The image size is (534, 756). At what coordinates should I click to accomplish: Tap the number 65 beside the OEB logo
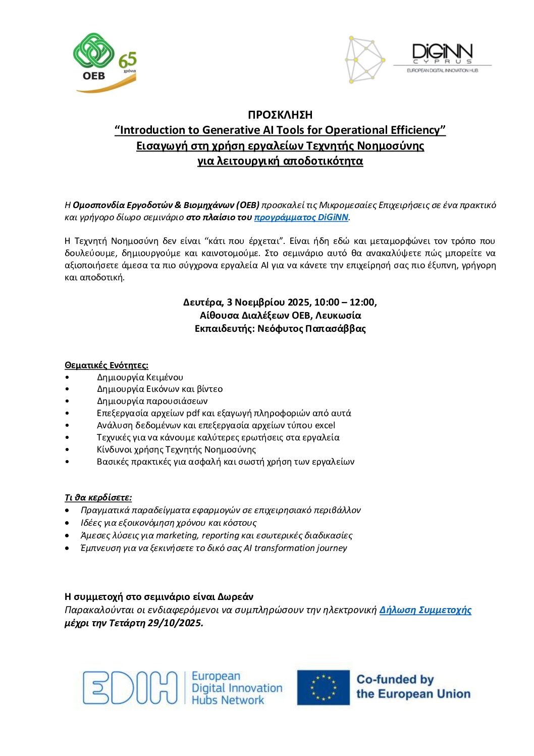tap(128, 61)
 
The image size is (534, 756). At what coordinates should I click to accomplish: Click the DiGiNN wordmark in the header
tap(442, 52)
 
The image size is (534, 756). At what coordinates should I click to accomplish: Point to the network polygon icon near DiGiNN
tap(364, 60)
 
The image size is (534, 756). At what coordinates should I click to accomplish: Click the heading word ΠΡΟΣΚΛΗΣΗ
tap(280, 115)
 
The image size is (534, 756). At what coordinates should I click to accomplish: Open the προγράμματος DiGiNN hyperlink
tap(301, 218)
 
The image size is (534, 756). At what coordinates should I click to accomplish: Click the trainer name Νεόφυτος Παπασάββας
tap(311, 329)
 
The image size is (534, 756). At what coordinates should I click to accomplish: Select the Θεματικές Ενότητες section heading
tap(106, 365)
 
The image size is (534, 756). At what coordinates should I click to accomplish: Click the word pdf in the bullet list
tap(193, 413)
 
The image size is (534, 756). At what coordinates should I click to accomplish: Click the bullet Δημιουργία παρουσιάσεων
tap(152, 401)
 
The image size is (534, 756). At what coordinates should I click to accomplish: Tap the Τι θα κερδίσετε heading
tap(98, 497)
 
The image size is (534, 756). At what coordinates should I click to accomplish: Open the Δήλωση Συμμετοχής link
tap(425, 610)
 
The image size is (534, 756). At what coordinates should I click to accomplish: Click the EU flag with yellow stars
tap(323, 687)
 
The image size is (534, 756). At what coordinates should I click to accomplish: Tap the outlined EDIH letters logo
tap(130, 687)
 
